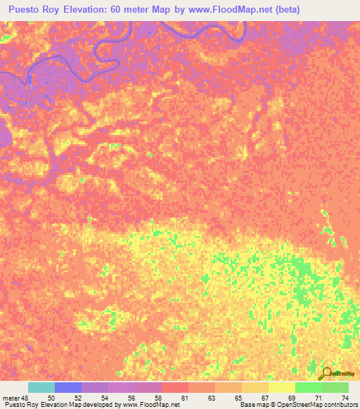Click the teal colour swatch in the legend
(x=41, y=387)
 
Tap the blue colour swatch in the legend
(x=68, y=387)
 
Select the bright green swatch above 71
(x=308, y=387)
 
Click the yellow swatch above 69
(x=281, y=387)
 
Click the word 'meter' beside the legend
(x=10, y=397)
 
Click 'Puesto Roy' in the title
(x=32, y=10)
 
